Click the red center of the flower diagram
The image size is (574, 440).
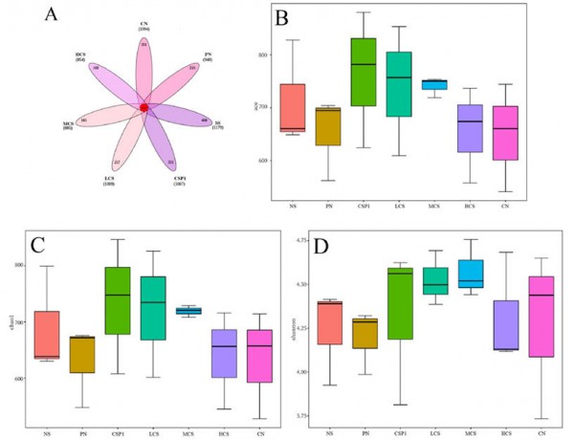point(143,108)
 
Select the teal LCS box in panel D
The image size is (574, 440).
point(435,282)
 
